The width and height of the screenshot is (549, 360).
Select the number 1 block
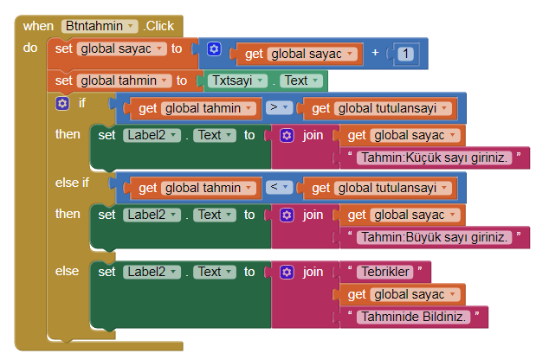[x=406, y=54]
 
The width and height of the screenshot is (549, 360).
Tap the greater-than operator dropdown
[x=278, y=108]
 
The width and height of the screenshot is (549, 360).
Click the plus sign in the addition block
[x=376, y=54]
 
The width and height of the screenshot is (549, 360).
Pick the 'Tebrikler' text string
[x=382, y=272]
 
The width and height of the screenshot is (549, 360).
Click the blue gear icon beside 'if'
[x=61, y=104]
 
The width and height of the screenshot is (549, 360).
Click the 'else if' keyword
[x=72, y=183]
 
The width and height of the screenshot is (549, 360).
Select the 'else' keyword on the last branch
[x=67, y=271]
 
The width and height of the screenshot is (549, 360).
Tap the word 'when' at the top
[x=38, y=26]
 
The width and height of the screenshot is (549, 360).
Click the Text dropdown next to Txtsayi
[x=300, y=80]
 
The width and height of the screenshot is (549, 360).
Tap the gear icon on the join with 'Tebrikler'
[x=287, y=272]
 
